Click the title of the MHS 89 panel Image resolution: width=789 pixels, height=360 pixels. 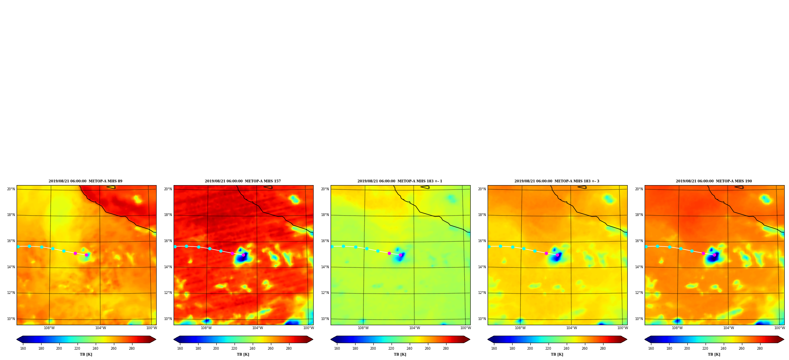point(85,181)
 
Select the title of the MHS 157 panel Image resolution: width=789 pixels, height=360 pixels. point(243,181)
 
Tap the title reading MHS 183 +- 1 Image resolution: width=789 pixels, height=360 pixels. point(400,181)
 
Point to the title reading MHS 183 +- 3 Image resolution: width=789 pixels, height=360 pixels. point(557,181)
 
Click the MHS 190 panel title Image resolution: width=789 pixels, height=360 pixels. point(714,181)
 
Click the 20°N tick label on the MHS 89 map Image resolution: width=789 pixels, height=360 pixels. point(11,189)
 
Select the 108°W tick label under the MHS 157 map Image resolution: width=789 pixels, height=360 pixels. point(206,328)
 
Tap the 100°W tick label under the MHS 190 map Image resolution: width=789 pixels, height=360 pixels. point(780,328)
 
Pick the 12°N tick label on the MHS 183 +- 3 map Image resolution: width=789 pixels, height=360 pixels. point(482,293)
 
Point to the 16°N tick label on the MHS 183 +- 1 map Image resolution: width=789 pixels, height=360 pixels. point(325,241)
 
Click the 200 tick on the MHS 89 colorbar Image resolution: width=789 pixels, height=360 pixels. point(59,349)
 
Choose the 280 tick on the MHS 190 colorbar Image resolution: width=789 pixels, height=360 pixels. point(760,349)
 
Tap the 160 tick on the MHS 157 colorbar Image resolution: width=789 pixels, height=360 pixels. point(180,349)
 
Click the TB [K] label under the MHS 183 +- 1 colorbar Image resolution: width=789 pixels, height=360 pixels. point(400,354)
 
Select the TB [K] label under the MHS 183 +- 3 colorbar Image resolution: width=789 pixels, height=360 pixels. point(557,354)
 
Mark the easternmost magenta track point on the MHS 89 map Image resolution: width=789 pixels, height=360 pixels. point(87,255)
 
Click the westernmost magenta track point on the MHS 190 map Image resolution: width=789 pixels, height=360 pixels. point(703,253)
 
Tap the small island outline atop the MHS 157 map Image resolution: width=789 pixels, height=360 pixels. point(268,187)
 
